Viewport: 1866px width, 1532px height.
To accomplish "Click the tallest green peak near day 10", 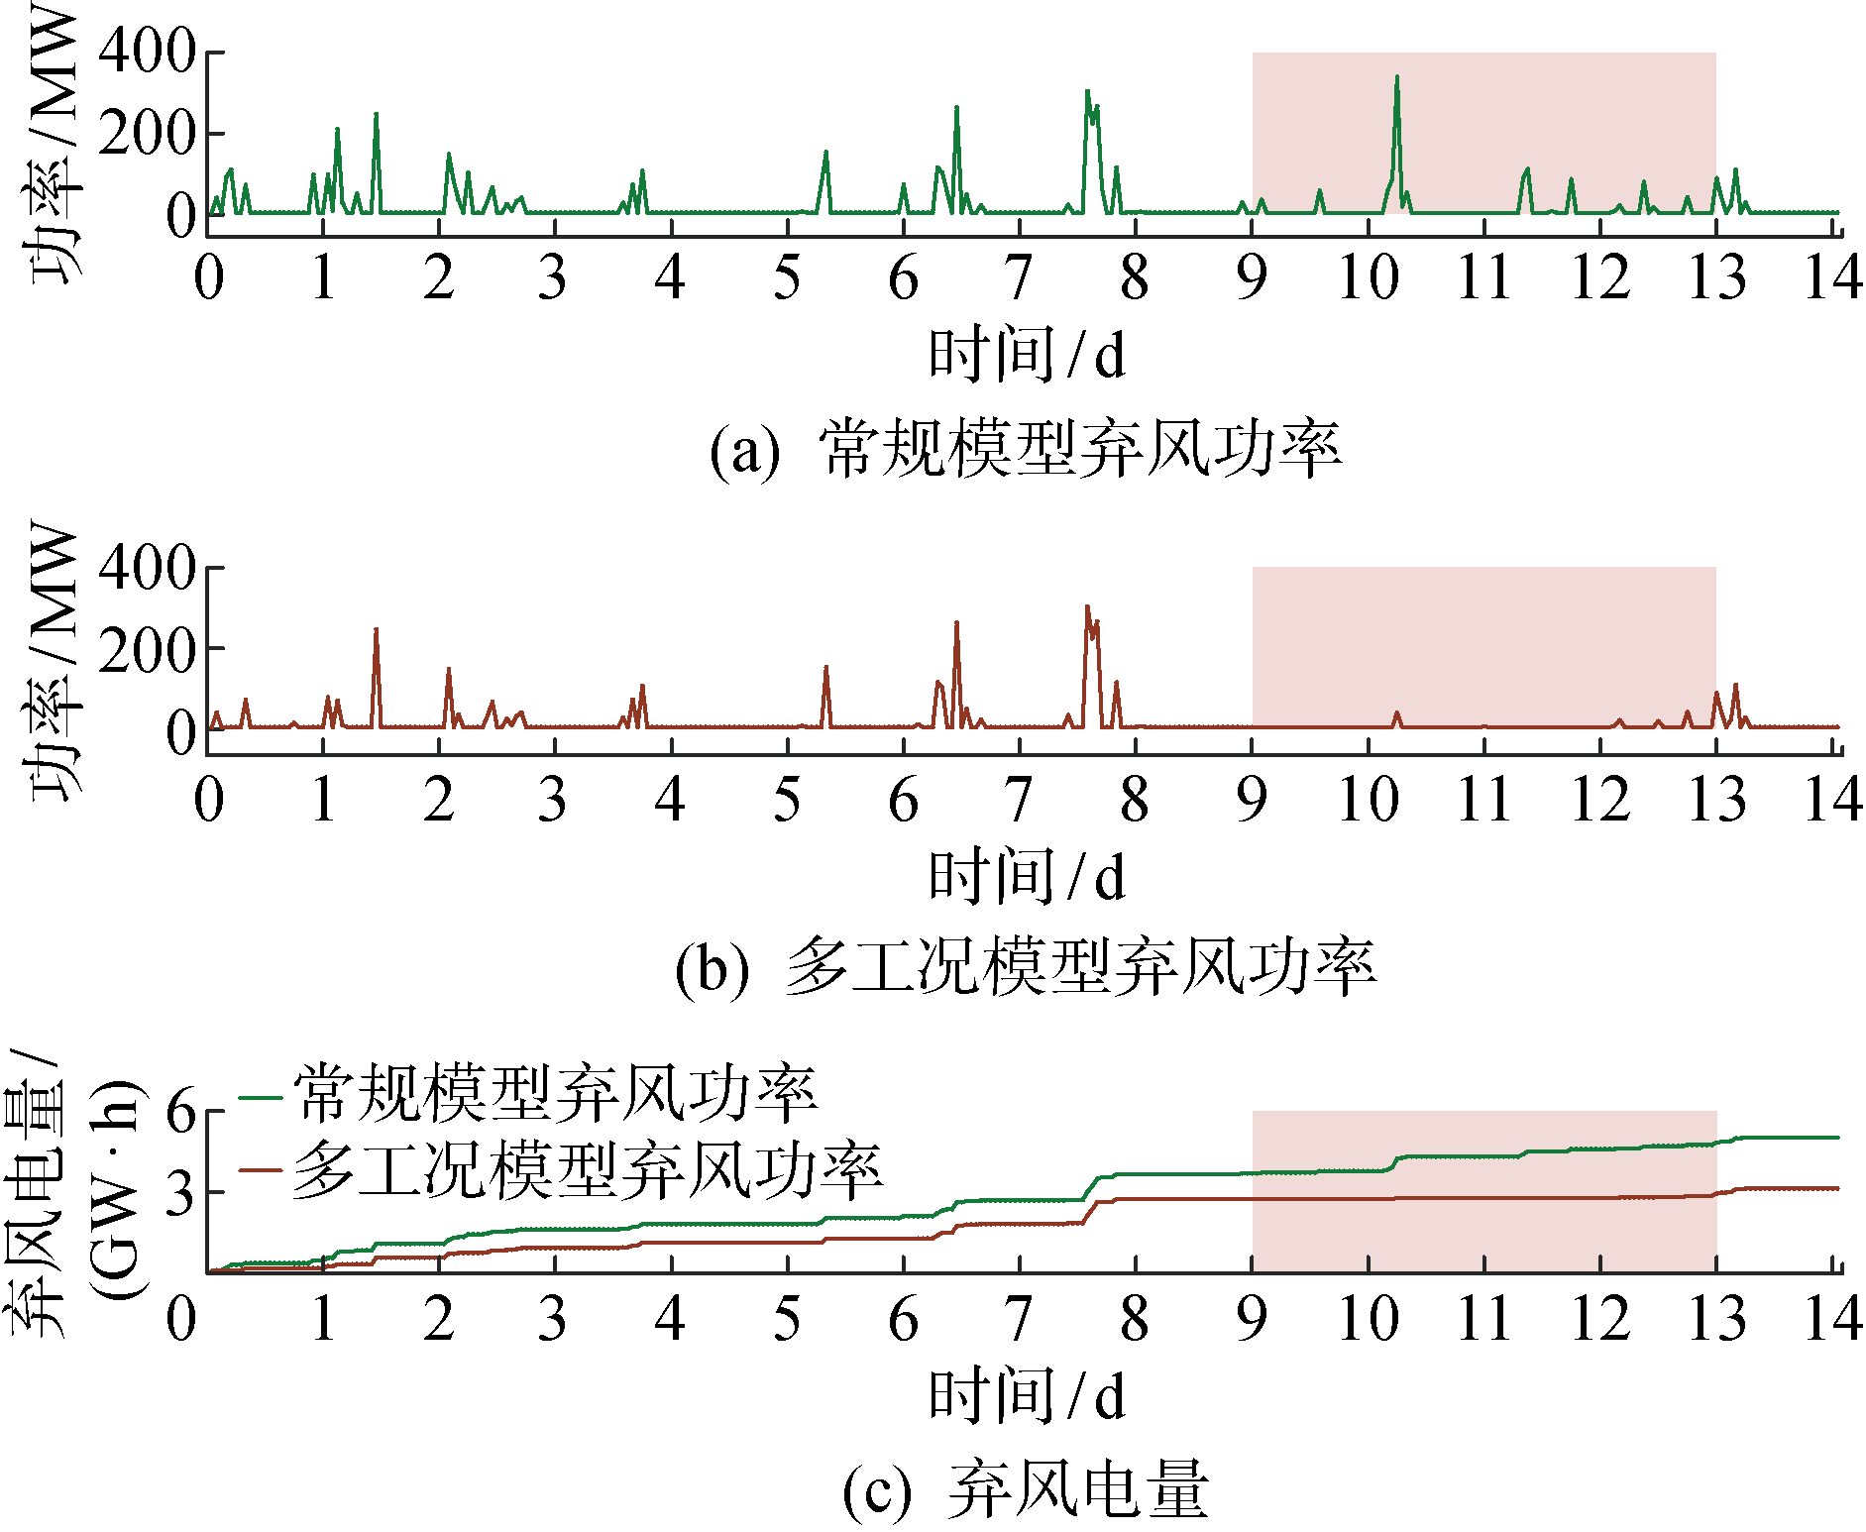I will (x=1396, y=78).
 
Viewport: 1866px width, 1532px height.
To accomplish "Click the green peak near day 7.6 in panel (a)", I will (x=1087, y=92).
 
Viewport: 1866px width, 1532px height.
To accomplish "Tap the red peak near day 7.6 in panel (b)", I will (x=1087, y=607).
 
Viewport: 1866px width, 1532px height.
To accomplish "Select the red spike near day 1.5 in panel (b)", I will (x=376, y=630).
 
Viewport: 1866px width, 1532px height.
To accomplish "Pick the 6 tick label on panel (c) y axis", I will (x=181, y=1112).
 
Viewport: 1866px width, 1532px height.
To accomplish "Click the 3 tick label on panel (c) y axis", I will (x=181, y=1194).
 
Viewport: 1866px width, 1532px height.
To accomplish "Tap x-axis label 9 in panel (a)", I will (x=1252, y=277).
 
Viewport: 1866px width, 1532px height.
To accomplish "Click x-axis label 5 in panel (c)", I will (x=787, y=1320).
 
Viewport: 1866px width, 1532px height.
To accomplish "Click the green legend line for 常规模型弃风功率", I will (x=262, y=1097).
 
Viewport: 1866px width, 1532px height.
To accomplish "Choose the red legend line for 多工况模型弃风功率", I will (x=262, y=1170).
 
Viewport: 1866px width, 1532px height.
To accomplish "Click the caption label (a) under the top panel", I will (x=744, y=451).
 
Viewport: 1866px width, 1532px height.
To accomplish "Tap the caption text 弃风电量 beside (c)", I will (x=1078, y=1489).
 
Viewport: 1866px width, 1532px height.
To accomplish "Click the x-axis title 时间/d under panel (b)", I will (x=1027, y=878).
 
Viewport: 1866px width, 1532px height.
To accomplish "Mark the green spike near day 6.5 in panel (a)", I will (x=956, y=108).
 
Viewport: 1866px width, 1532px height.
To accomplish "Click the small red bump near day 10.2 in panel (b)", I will (x=1397, y=714).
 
